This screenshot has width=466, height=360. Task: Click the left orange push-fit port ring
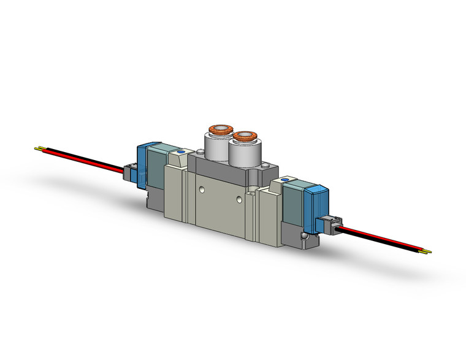click(x=218, y=129)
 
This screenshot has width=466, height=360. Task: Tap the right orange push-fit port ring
click(x=245, y=134)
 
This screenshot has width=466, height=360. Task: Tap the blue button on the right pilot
click(x=285, y=180)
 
